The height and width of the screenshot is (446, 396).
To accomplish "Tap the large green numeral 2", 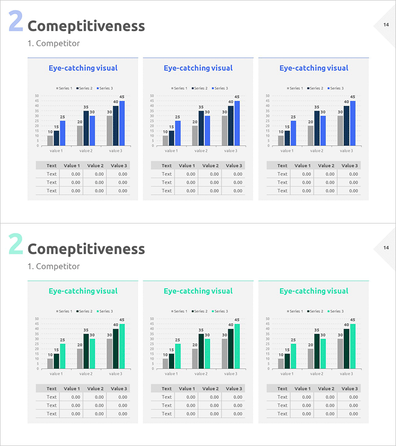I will tap(16, 245).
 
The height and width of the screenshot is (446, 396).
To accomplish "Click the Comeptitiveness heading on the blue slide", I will tap(86, 26).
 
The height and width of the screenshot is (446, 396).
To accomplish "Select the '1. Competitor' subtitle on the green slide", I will tap(53, 266).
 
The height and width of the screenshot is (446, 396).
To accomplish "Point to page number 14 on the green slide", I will tap(386, 248).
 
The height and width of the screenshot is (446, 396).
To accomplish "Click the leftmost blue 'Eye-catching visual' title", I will tap(83, 68).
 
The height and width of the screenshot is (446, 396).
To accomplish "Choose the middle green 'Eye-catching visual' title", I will tap(198, 291).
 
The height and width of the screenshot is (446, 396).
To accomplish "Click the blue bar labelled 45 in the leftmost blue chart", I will tap(122, 123).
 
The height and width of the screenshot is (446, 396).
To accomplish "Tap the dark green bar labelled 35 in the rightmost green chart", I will tap(317, 351).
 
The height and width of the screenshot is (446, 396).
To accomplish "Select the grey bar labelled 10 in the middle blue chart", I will tap(166, 141).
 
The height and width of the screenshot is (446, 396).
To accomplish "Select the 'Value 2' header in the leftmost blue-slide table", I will tap(95, 166).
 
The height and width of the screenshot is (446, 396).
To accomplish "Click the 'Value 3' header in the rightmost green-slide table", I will tap(349, 389).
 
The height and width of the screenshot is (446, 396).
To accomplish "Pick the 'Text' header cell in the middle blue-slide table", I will tap(167, 166).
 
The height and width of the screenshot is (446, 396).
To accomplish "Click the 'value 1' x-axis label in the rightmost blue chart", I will tap(287, 151).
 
